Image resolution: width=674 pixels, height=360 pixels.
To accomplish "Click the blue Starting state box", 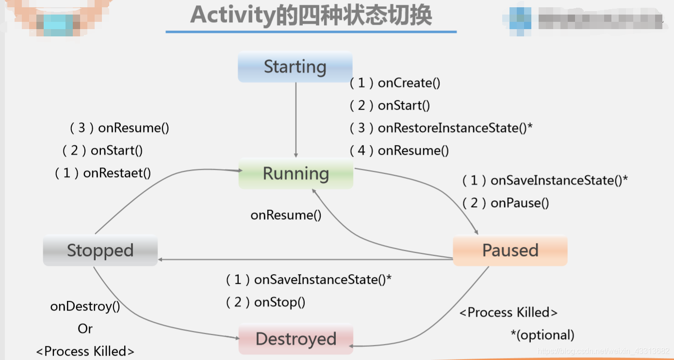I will click(295, 67).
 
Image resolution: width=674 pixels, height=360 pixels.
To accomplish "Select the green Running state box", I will click(296, 174).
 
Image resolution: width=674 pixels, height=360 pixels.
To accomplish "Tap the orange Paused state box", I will click(510, 250).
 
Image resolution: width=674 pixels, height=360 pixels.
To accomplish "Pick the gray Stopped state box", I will click(100, 250).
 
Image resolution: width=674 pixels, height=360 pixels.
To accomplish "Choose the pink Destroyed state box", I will click(296, 339).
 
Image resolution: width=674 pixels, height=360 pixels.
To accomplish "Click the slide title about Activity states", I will click(311, 16).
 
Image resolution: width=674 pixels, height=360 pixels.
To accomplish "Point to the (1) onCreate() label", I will click(395, 83).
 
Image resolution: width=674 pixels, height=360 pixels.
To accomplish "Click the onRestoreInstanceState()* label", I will click(441, 128).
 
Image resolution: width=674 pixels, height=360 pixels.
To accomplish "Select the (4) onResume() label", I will click(399, 150).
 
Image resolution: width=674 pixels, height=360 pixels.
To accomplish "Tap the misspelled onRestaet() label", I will click(103, 173).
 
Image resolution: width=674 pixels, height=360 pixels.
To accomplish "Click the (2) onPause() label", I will click(506, 203).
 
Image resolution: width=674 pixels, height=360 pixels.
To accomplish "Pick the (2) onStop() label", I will click(266, 302).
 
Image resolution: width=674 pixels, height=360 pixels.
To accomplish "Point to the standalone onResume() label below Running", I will click(286, 215).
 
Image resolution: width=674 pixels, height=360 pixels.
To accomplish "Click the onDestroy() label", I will click(85, 307).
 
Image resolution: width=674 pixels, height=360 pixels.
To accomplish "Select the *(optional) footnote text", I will click(542, 335).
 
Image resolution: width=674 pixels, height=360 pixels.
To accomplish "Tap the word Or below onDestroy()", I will click(85, 329).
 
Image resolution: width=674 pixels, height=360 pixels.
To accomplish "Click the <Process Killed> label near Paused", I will click(509, 312).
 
